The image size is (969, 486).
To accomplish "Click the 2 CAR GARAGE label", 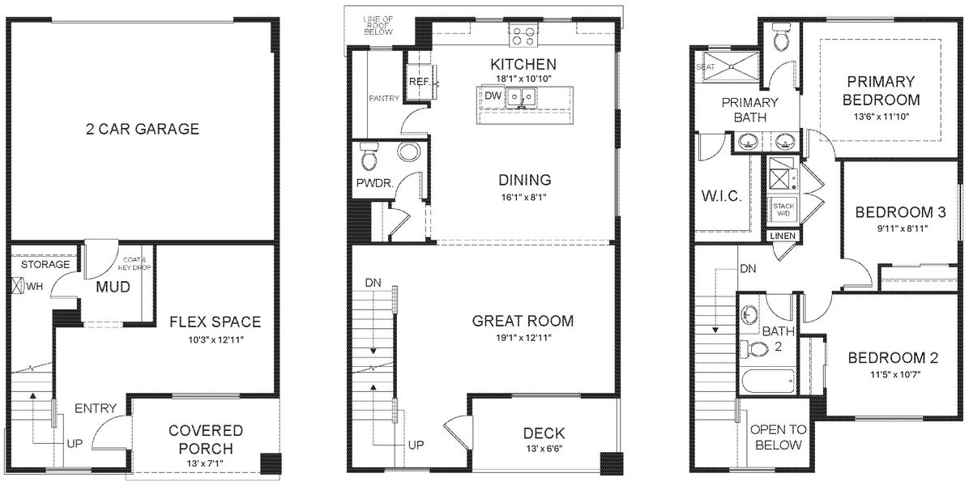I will [x=143, y=130].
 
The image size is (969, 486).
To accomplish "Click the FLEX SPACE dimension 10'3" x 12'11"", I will [x=215, y=339].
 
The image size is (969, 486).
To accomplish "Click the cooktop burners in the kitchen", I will [x=523, y=35].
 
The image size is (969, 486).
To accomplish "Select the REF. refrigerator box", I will [x=419, y=83].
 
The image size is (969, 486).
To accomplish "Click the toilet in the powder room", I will [x=369, y=152].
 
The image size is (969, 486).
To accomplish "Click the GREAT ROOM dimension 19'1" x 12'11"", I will [x=523, y=338].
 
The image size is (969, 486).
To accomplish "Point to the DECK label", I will [x=544, y=433].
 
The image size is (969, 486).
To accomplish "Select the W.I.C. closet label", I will [x=720, y=197].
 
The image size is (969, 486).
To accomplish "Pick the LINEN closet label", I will [x=783, y=236].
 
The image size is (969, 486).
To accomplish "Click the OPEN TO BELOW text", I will [x=777, y=437].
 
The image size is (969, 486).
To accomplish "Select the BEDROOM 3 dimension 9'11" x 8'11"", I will [x=900, y=228].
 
